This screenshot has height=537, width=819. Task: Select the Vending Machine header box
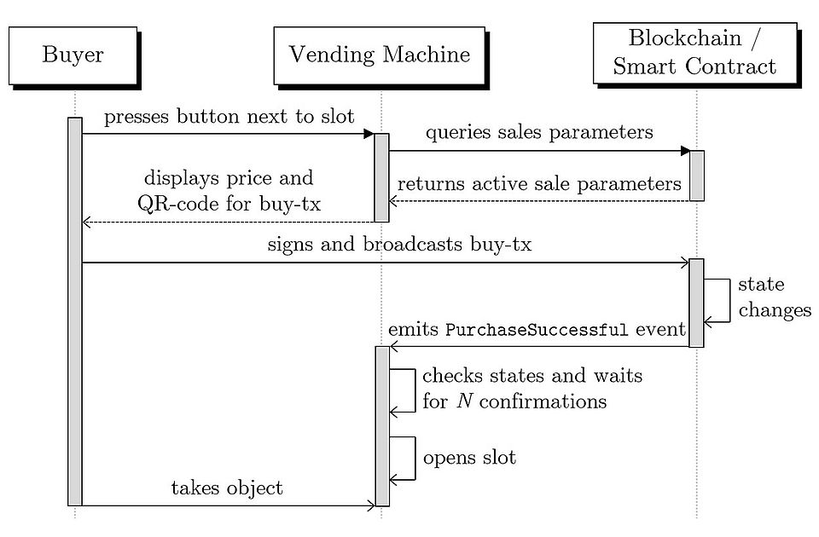(x=379, y=55)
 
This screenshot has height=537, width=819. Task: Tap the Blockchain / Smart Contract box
(x=694, y=52)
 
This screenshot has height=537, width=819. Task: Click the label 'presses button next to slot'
(x=228, y=118)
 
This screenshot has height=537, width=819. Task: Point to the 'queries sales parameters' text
(x=539, y=132)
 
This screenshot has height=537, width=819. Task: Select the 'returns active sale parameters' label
(x=539, y=183)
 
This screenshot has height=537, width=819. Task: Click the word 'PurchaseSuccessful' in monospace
(x=537, y=330)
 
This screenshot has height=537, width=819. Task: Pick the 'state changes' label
(x=774, y=297)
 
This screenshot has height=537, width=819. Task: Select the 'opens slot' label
(x=469, y=457)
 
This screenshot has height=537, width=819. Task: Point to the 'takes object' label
(x=227, y=488)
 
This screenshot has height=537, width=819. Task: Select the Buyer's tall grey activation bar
(x=75, y=311)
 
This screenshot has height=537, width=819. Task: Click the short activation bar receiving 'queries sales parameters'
(x=696, y=176)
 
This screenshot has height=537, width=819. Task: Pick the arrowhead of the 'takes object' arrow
(x=371, y=505)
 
